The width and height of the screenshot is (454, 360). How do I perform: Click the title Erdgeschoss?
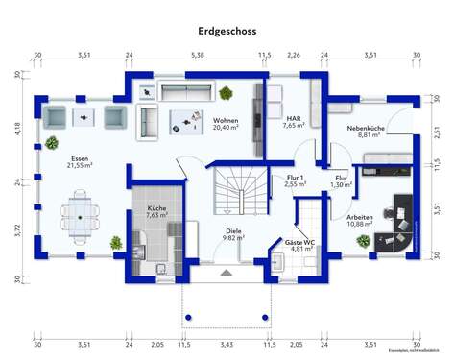tap(227, 31)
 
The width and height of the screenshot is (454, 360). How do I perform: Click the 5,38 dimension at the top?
tap(198, 56)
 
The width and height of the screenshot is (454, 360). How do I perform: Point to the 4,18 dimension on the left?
tap(16, 127)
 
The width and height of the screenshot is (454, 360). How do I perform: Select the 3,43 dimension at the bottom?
tap(227, 343)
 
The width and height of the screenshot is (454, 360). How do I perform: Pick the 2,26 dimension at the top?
tap(293, 56)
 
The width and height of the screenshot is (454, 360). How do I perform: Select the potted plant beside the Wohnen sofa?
tap(226, 93)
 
